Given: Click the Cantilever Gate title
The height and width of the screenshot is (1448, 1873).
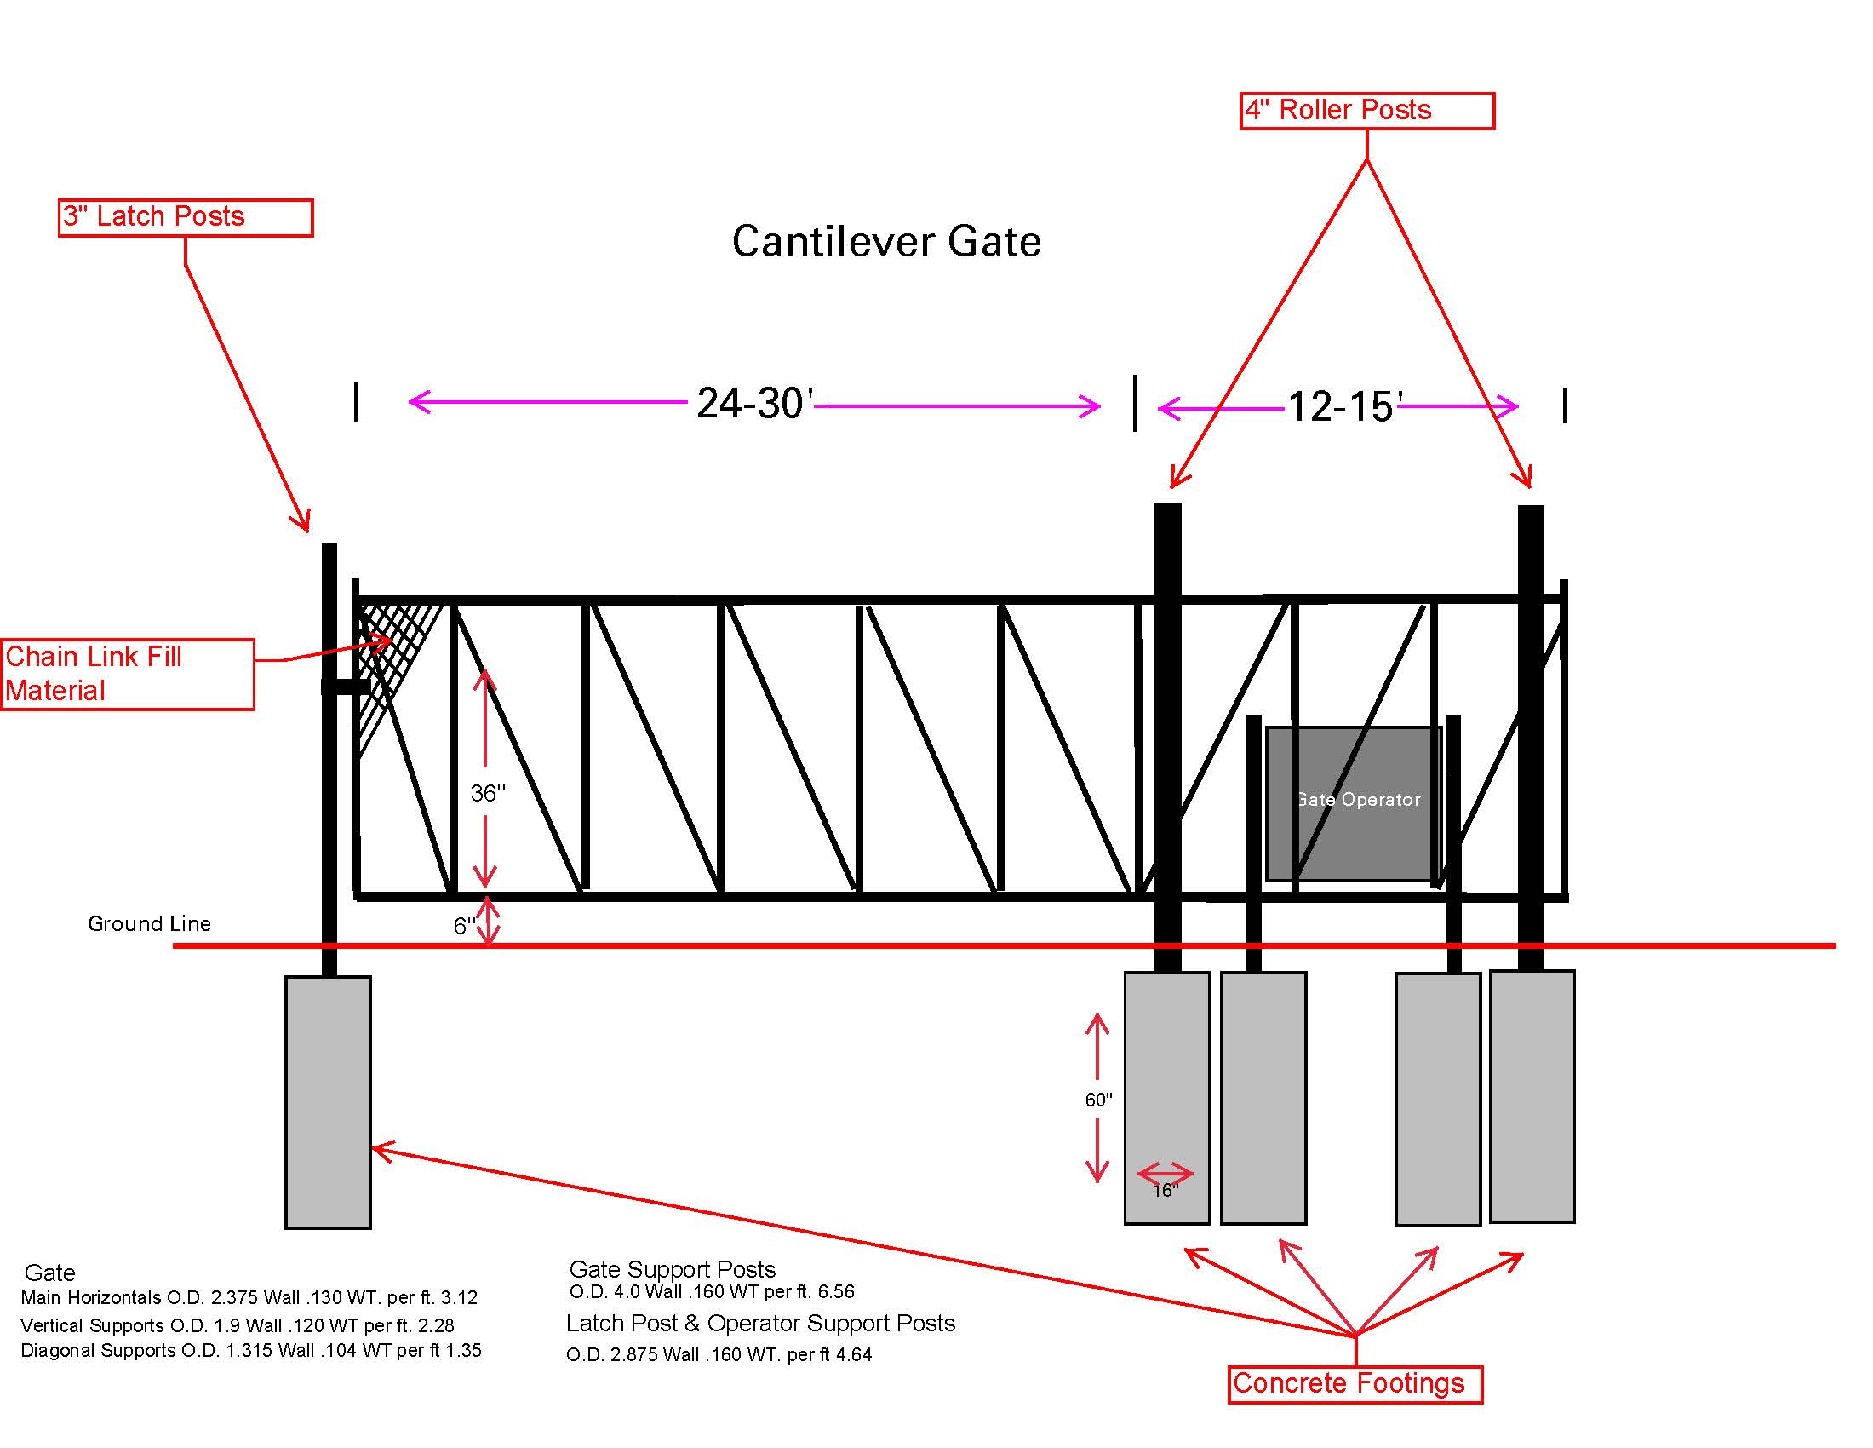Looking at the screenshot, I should point(886,242).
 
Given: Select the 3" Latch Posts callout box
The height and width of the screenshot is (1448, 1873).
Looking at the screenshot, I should point(186,217).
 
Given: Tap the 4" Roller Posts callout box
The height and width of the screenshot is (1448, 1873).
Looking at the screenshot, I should point(1366,111).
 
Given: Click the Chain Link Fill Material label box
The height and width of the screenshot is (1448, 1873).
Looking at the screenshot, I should point(128,674).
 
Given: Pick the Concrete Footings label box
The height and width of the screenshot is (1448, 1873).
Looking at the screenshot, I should point(1355,1383).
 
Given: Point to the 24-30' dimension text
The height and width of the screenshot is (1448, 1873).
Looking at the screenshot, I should point(753,403).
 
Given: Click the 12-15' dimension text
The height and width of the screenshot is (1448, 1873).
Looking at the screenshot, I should point(1343,406).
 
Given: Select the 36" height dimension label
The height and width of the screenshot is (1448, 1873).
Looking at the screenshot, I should point(488,794).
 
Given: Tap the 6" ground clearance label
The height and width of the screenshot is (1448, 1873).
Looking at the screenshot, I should point(464,926).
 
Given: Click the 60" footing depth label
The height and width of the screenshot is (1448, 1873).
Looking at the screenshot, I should point(1097,1100).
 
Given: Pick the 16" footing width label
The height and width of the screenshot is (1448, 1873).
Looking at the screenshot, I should point(1165,1190).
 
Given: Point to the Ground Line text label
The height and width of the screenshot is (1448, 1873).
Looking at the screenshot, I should point(149,924).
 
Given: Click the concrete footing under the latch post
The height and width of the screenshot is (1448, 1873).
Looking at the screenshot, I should point(328,1102).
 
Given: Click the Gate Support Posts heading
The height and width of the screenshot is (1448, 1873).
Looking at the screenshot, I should point(673,1269).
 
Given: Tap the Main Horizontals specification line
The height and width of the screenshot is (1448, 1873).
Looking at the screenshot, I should point(249,1297).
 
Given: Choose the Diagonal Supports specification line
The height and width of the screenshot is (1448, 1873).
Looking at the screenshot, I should point(250,1350).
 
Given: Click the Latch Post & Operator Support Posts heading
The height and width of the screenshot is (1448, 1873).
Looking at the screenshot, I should point(759,1323).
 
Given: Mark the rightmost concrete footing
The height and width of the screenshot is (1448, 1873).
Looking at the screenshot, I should point(1532,1096).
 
